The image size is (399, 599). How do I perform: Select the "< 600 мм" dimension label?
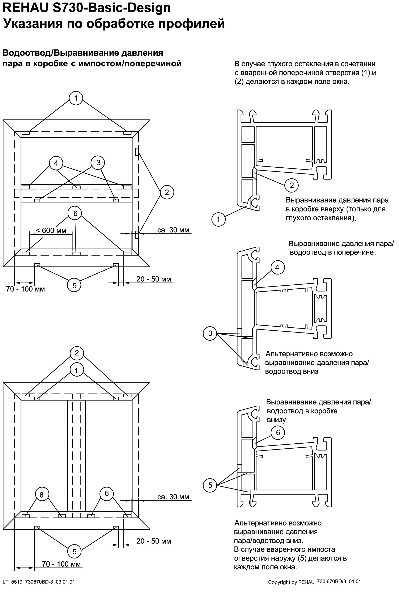coord(51,230)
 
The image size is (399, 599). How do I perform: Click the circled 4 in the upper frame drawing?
coord(56,163)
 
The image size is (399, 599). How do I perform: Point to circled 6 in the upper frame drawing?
coord(75,213)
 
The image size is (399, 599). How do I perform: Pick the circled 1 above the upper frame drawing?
coord(76,98)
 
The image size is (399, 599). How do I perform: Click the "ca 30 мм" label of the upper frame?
coord(173,230)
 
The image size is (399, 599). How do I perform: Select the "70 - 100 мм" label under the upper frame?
coord(25,289)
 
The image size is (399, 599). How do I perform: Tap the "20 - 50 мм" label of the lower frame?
coord(154,541)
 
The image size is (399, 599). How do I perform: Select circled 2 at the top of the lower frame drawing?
coord(77,353)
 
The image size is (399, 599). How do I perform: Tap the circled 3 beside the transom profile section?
coord(210,333)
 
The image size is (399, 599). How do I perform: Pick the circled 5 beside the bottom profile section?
coord(210,485)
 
